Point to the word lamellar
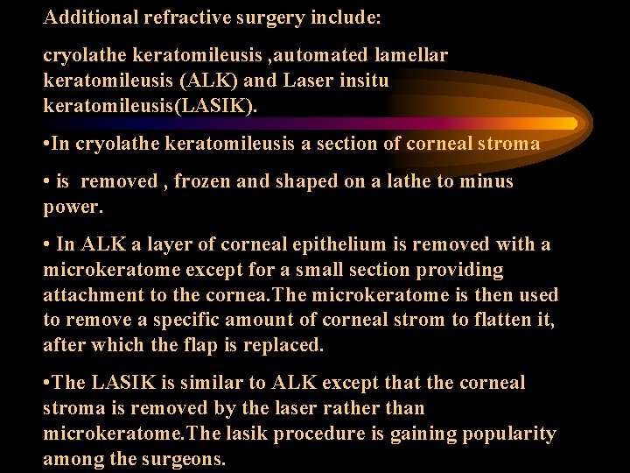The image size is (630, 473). pos(415,56)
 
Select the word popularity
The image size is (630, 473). pos(507,434)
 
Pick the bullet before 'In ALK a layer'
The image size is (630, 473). pos(47,244)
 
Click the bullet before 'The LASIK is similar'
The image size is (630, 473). pos(47,383)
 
